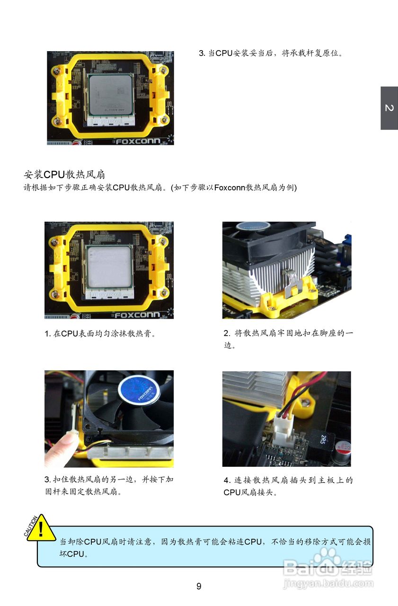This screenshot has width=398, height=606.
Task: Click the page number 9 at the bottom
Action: (199, 587)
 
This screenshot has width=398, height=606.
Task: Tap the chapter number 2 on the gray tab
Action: (389, 108)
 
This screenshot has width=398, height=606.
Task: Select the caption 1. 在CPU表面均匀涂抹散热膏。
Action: (100, 333)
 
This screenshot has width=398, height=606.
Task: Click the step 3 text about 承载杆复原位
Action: (270, 53)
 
